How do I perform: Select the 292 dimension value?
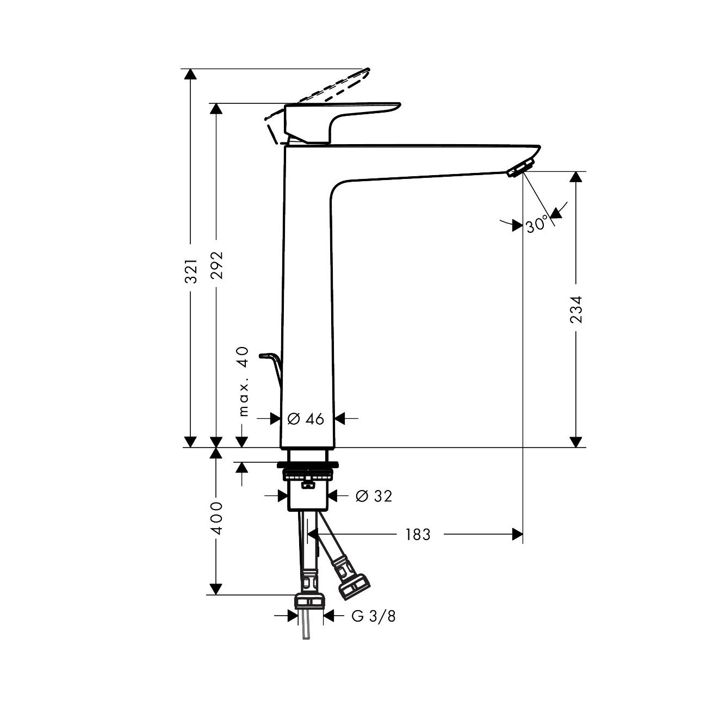point(217,264)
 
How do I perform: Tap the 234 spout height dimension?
point(576,309)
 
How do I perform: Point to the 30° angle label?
point(538,224)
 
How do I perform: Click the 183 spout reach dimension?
point(418,535)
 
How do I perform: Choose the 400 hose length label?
point(217,518)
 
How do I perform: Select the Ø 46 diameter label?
point(306,418)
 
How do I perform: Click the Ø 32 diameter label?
point(374,496)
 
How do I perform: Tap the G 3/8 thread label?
point(374,616)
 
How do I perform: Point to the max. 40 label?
point(243,381)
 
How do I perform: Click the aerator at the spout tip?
point(521,168)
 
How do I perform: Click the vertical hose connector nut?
point(309,600)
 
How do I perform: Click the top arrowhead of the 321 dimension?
point(190,75)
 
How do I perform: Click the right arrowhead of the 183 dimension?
point(517,535)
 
